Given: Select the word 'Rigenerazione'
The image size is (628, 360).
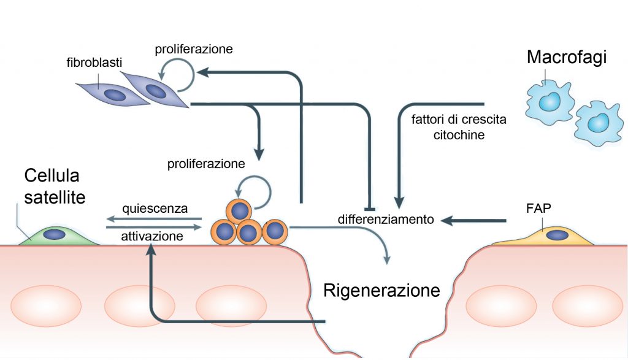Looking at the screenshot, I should pos(381,289).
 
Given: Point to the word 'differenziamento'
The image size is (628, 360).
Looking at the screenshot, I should pos(386,219).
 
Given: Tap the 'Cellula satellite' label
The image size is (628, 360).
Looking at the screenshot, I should pos(55,186).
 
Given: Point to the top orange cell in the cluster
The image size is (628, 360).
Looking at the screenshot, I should pos(239,210).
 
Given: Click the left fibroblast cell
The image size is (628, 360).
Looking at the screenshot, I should pos(112,94).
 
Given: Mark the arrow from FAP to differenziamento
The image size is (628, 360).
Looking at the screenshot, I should pos(478,220).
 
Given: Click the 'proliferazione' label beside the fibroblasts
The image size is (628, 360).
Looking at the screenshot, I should pos(193,48).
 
